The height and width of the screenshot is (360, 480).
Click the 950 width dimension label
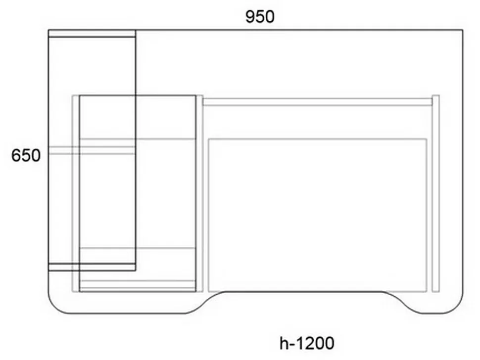(260, 17)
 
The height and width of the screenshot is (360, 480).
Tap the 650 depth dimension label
(26, 155)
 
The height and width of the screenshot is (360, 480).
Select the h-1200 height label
(307, 343)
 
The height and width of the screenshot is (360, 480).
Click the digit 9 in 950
(250, 17)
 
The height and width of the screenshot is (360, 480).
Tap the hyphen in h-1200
(292, 345)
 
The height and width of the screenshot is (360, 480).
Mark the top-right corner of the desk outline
(463, 30)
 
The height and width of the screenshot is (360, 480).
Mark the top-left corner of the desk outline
(48, 30)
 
